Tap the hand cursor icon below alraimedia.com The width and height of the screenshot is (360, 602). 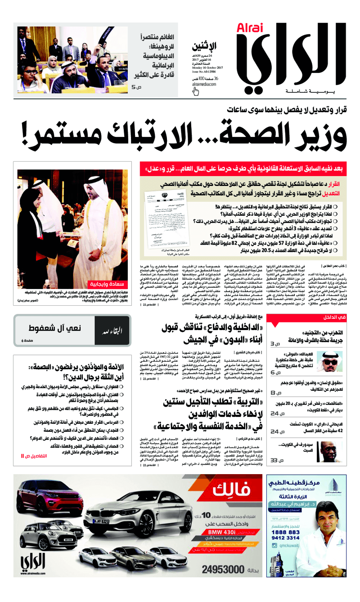196,91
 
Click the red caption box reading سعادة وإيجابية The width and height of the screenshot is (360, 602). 108,284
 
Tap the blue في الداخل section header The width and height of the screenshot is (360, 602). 335,317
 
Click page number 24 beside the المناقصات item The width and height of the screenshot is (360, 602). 275,412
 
